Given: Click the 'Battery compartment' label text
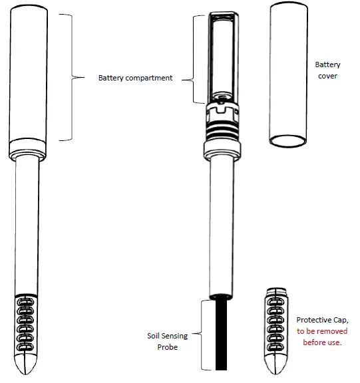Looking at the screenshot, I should (x=135, y=78).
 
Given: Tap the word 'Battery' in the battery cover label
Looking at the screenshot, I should (x=327, y=64).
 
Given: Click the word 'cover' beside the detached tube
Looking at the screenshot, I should (x=327, y=76).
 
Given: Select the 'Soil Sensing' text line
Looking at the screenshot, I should (x=167, y=336).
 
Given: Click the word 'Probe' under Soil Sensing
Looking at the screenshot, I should (x=167, y=347).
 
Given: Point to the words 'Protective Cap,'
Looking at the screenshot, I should (x=321, y=320).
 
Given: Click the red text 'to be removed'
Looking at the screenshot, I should (x=321, y=331).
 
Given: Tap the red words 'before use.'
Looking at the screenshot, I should (x=321, y=342).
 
